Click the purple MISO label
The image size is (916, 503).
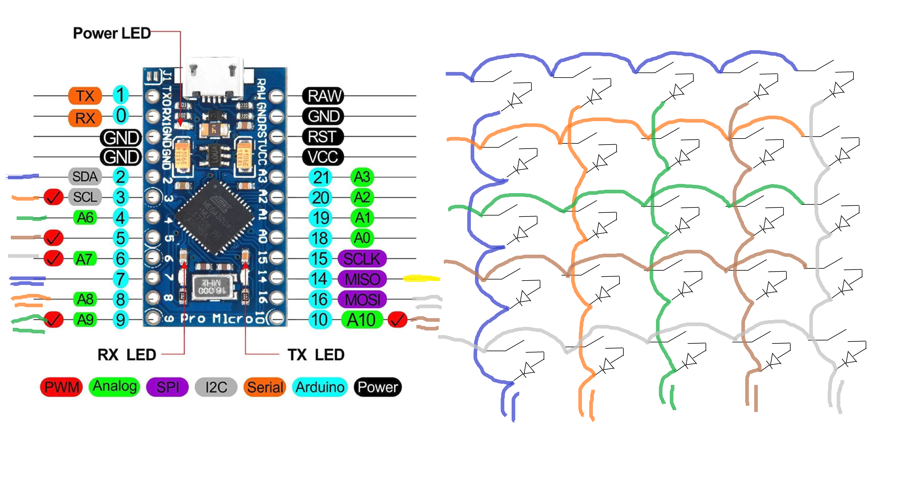pos(362,279)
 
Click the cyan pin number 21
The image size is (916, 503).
pos(320,177)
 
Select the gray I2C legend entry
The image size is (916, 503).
pos(216,387)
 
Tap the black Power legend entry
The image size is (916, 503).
pos(378,387)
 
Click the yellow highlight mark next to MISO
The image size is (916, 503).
pos(421,279)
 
